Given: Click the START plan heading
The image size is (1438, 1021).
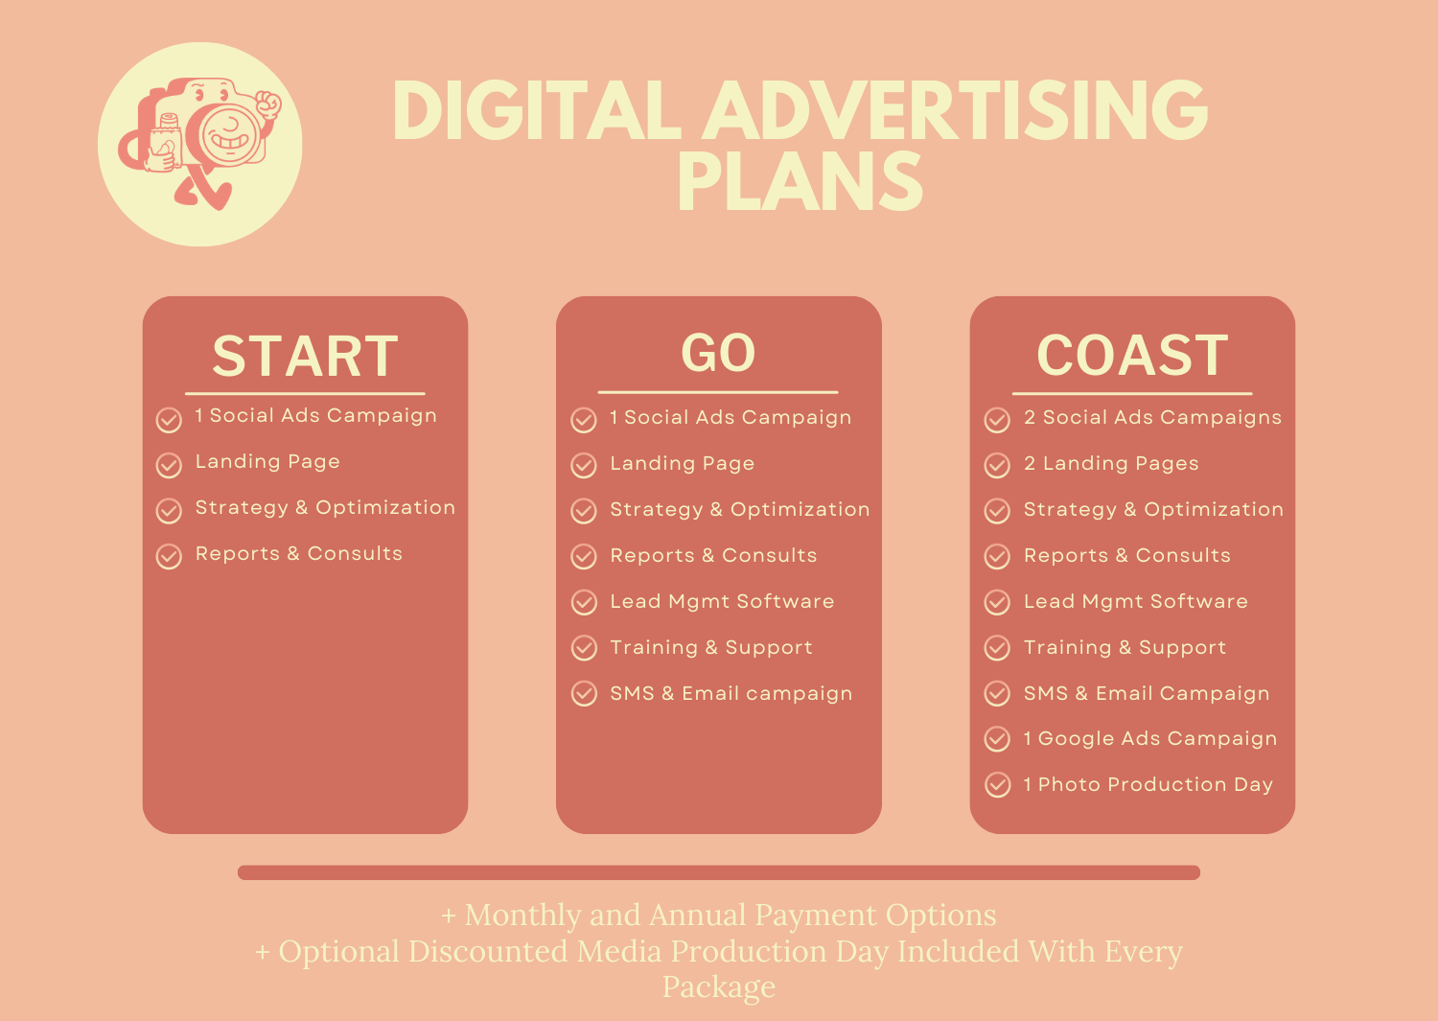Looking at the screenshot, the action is pos(305,356).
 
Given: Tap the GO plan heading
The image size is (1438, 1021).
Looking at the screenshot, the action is pos(718,353).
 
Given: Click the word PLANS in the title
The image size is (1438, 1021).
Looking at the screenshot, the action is pos(800,181).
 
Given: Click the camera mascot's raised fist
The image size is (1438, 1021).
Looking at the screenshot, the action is pos(267,104).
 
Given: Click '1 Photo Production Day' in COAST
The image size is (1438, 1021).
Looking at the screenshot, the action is pos(1148,785).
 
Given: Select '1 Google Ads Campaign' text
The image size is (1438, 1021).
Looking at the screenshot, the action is pos(1149,738).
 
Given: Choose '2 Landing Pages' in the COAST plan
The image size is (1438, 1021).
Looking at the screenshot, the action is pos(1111,463).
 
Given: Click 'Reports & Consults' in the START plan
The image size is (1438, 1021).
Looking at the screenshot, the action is pos(298,553).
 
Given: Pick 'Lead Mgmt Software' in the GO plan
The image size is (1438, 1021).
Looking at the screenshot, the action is pos(722,601).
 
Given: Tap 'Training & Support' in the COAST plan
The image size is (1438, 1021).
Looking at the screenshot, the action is pos(1125,647).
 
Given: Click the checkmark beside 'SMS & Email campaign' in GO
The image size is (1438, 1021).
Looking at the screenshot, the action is pos(584,693).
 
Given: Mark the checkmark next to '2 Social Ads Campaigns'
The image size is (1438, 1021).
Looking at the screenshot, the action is pos(997,420).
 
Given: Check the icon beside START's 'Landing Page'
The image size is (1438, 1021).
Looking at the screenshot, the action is pos(169,466).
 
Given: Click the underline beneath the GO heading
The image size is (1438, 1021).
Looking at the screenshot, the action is pos(718,392).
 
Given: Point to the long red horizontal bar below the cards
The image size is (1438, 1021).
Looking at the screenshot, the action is pos(718,872).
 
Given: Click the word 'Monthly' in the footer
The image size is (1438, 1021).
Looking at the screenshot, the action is pos(553,916).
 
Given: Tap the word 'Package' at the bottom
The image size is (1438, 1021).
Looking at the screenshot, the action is pos(719,987).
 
